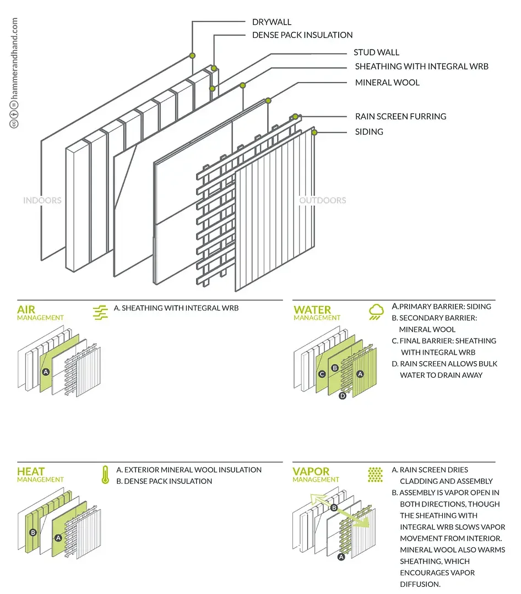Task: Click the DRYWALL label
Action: pos(272,22)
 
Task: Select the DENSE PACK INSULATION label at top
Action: pos(302,35)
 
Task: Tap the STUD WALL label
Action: pos(376,52)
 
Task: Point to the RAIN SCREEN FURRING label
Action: pos(400,116)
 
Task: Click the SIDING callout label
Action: pos(369,132)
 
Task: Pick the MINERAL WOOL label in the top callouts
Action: pos(387,83)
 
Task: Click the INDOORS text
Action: pos(42,200)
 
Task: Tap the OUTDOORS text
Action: pos(323,200)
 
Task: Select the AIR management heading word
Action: pos(26,310)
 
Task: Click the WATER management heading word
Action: pos(312,310)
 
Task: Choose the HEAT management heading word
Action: pos(31,472)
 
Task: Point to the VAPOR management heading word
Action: pos(311,472)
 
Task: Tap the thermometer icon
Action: pos(105,475)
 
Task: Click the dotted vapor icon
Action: pos(376,475)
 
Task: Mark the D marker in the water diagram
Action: pos(342,395)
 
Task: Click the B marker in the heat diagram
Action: pos(33,532)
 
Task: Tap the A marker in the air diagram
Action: pos(46,372)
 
